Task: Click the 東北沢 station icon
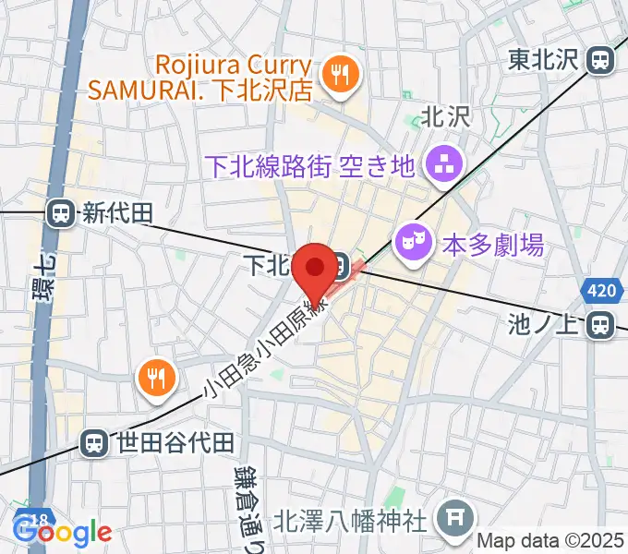point(601,61)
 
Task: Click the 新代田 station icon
point(62,214)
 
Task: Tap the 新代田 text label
point(116,214)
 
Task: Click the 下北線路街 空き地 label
point(309,166)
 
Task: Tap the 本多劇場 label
point(492,246)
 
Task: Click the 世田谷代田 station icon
point(94,443)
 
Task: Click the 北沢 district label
point(447,116)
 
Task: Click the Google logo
point(63,531)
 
